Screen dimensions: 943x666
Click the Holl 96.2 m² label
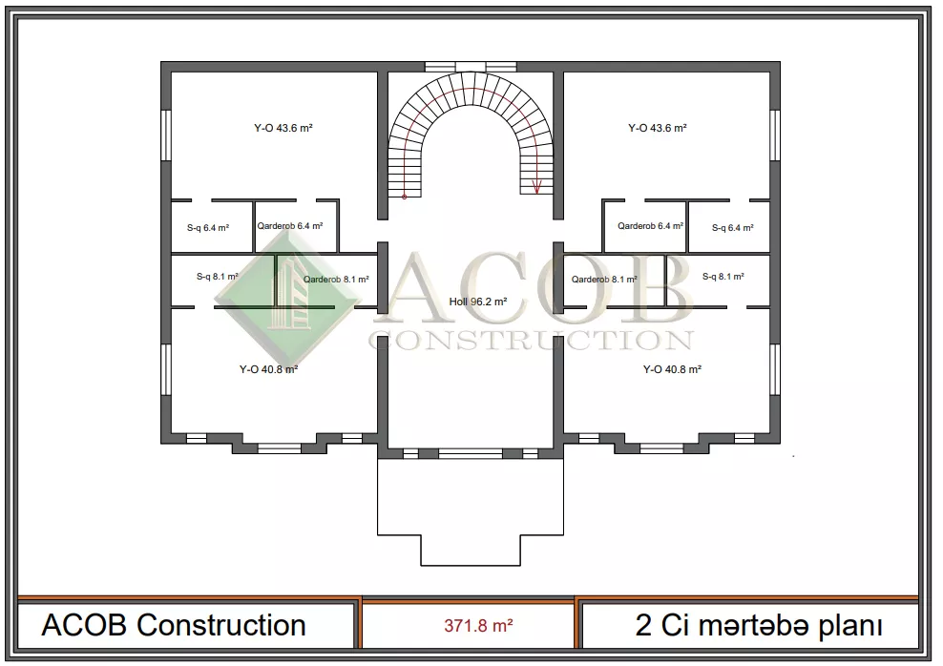pyautogui.click(x=477, y=302)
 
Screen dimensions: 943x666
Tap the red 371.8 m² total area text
pyautogui.click(x=479, y=626)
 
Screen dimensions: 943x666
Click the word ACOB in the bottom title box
pyautogui.click(x=84, y=625)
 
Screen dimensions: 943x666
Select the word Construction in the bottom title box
pyautogui.click(x=221, y=625)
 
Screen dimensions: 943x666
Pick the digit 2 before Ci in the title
pyautogui.click(x=643, y=626)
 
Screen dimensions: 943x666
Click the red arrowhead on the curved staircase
pyautogui.click(x=537, y=188)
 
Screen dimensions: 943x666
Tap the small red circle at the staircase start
pyautogui.click(x=404, y=197)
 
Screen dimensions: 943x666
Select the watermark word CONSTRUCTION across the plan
pyautogui.click(x=531, y=341)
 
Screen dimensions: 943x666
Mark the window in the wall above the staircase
pyautogui.click(x=471, y=67)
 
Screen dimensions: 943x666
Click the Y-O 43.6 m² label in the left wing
pyautogui.click(x=283, y=128)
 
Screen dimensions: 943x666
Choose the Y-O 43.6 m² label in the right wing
pyautogui.click(x=658, y=128)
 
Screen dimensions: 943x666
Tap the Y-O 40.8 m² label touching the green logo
pyautogui.click(x=269, y=369)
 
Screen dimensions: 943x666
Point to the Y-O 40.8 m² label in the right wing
pyautogui.click(x=672, y=369)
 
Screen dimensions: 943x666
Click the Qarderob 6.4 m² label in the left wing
pyautogui.click(x=290, y=226)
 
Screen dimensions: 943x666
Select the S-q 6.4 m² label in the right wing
pyautogui.click(x=732, y=228)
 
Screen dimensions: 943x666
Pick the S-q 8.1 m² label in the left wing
pyautogui.click(x=217, y=277)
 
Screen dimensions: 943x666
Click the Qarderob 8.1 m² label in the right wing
pyautogui.click(x=604, y=280)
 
